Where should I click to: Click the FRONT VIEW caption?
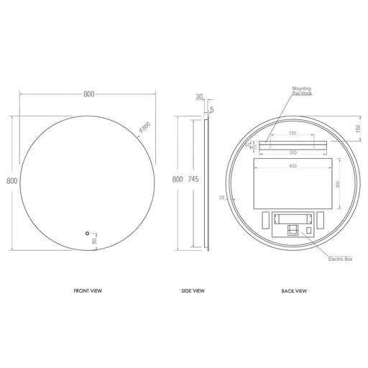(x=87, y=292)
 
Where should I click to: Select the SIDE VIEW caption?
(x=193, y=292)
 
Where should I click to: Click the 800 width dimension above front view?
(x=88, y=94)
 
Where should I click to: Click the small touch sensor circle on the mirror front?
(x=87, y=234)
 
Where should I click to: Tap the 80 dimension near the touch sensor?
(x=95, y=241)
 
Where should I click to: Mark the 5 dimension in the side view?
(x=212, y=110)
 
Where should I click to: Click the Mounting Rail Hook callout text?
(x=303, y=91)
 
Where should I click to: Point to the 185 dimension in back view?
(x=293, y=133)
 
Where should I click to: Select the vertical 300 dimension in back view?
(x=337, y=184)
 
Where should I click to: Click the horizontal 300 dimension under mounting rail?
(x=293, y=152)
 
